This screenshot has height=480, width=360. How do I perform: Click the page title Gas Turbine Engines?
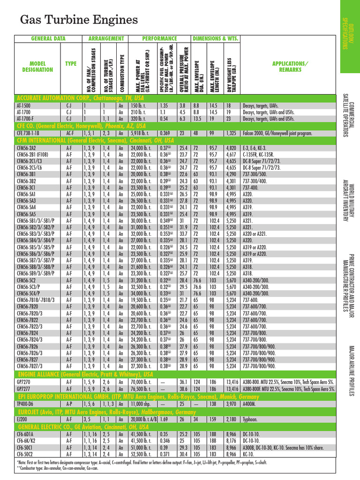point(79,20)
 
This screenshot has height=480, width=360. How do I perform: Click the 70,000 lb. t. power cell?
point(142,382)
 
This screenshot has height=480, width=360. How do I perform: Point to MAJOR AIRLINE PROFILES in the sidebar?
point(351,370)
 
